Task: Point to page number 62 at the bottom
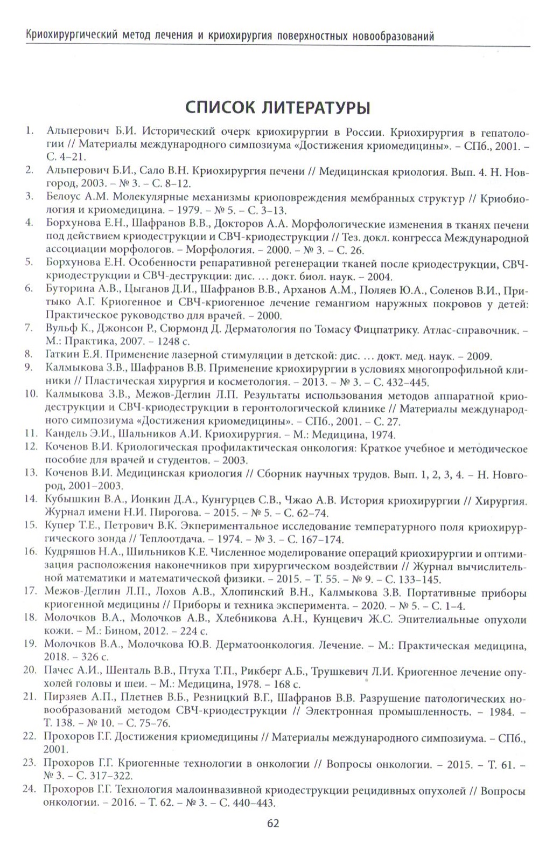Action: point(273,823)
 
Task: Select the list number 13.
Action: point(30,473)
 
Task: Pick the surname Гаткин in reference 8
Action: point(62,355)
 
